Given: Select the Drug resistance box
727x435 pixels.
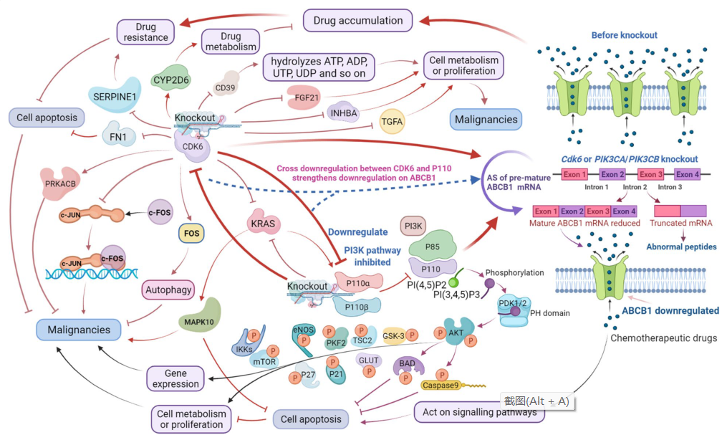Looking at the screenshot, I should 146,32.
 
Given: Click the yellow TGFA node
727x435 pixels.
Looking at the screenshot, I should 392,121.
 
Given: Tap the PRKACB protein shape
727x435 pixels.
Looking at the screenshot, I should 62,183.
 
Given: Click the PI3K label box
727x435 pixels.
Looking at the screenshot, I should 415,227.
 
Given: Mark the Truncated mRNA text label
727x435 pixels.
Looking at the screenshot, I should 680,224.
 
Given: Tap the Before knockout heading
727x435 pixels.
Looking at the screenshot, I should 624,35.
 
